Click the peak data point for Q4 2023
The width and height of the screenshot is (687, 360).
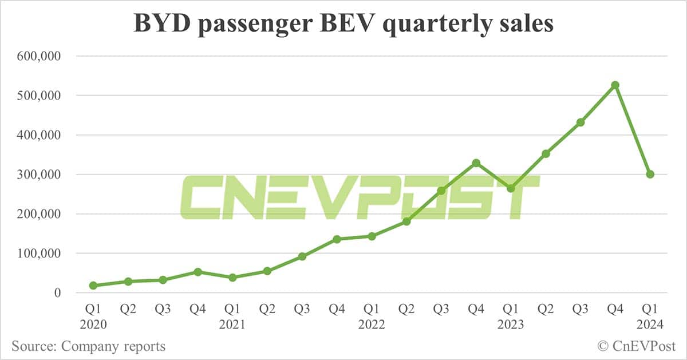[615, 85]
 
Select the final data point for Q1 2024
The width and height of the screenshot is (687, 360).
[650, 174]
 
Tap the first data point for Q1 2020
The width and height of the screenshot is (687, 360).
[93, 285]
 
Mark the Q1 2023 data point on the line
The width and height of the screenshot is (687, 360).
[511, 188]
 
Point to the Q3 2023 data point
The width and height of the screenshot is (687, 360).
[581, 122]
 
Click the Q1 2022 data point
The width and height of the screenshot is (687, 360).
[372, 236]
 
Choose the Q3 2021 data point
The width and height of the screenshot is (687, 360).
[302, 256]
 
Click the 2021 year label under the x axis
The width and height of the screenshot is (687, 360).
[232, 325]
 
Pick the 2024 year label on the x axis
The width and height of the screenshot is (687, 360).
[650, 325]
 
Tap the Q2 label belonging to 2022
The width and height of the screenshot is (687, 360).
[406, 310]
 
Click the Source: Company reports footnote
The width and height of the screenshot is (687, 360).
[88, 346]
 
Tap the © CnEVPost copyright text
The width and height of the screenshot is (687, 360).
[636, 346]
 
